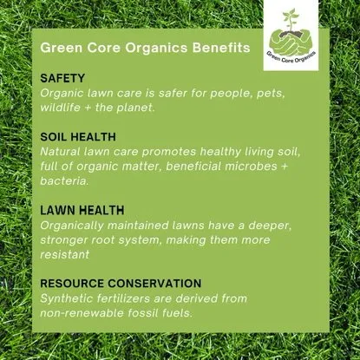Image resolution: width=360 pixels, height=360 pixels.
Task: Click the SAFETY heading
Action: (62, 78)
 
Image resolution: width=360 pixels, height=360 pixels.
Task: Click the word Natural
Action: (63, 152)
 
